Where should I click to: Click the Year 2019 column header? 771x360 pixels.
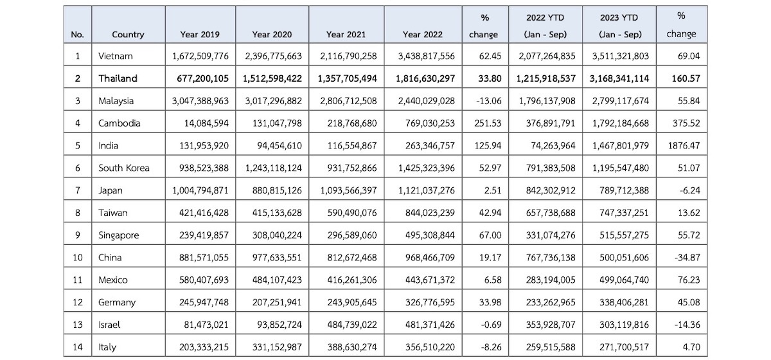[200, 35]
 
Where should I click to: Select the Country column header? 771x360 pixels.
[128, 35]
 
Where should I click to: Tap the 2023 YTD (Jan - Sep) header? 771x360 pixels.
[619, 26]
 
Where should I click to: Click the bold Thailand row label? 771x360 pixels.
[118, 78]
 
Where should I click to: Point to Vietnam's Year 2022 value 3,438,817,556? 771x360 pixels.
[427, 56]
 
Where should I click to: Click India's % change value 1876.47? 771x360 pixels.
[684, 146]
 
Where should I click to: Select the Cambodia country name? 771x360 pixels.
[119, 123]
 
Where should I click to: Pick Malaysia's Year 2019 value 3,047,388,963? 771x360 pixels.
[200, 101]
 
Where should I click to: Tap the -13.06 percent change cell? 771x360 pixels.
[488, 101]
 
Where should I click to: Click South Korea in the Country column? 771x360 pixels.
[124, 168]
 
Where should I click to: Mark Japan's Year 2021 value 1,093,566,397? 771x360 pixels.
[349, 190]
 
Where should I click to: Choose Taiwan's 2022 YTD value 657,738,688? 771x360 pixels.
[551, 213]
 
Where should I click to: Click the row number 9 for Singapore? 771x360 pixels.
[78, 235]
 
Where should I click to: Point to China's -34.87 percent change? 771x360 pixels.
[687, 258]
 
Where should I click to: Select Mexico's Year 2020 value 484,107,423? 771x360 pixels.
[277, 280]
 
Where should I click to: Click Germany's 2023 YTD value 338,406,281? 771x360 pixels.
[624, 303]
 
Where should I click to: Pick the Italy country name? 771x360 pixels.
[107, 347]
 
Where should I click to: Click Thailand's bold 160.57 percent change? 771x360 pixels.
[686, 78]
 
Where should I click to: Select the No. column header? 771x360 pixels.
[78, 35]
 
